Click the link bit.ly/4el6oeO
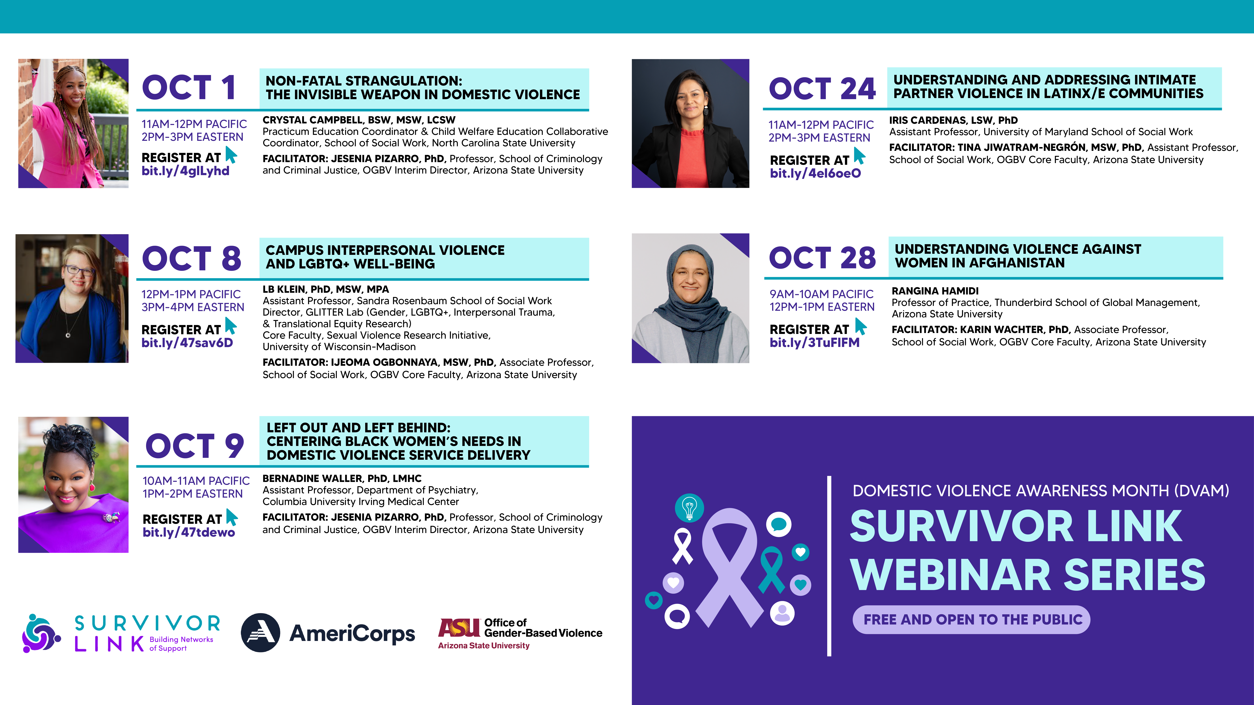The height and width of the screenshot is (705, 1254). point(815,173)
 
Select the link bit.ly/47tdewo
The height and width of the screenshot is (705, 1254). point(189,532)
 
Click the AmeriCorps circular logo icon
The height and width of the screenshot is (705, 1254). point(260,632)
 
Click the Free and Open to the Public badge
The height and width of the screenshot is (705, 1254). point(971,619)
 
